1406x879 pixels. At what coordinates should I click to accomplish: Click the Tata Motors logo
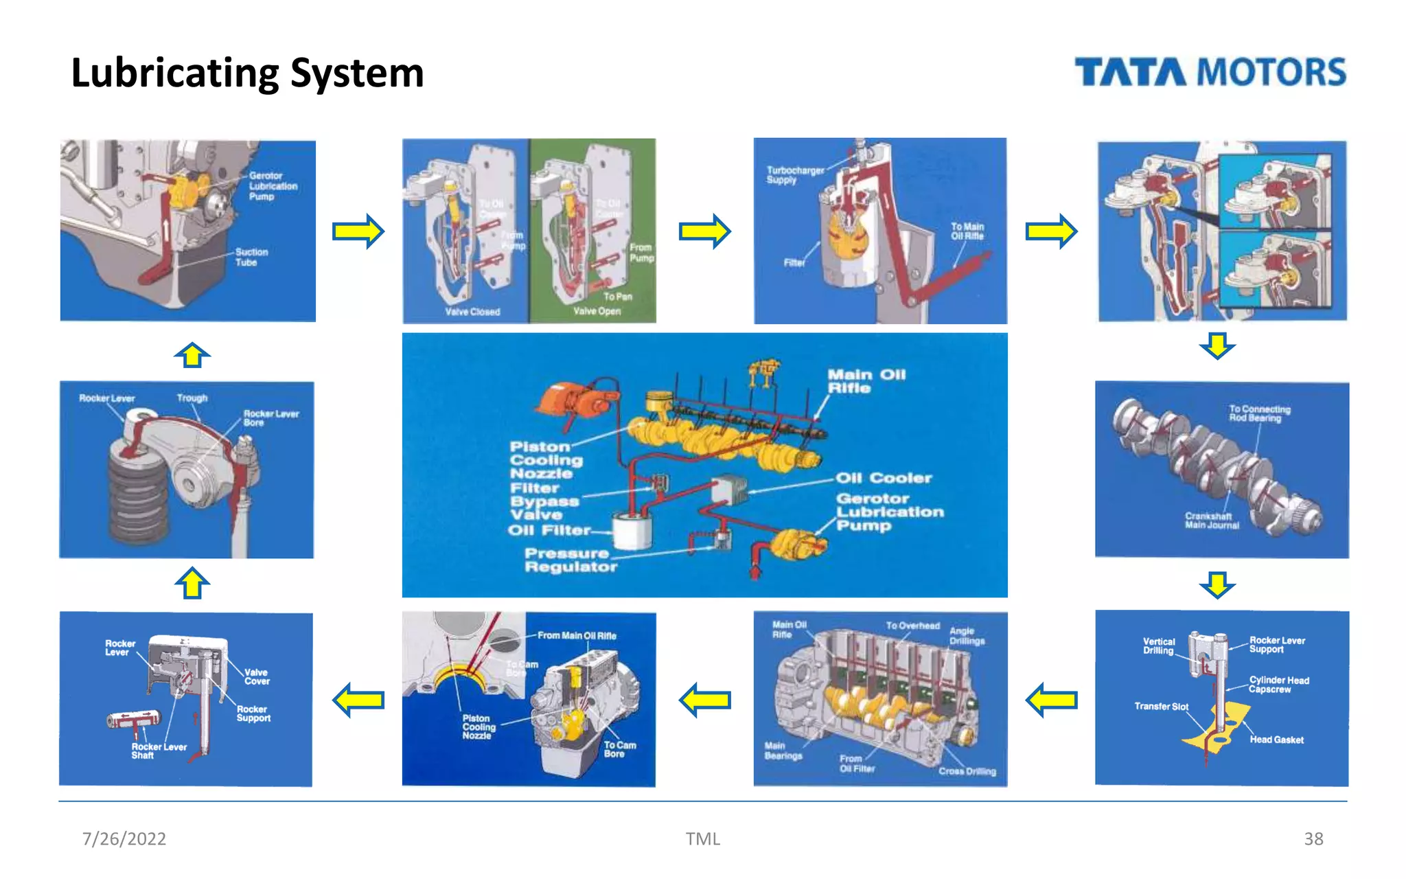tap(1210, 72)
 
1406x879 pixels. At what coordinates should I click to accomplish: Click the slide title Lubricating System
tap(247, 73)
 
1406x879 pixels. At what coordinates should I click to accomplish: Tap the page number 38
tap(1313, 838)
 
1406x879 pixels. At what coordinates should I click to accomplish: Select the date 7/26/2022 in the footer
tap(124, 838)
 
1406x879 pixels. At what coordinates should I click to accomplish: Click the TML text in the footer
tap(702, 838)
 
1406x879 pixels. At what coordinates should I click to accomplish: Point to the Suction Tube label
tap(251, 257)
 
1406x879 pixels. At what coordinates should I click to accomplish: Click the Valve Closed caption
tap(472, 312)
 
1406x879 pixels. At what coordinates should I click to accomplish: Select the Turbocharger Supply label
tap(794, 174)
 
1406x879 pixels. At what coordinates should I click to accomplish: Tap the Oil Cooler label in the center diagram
tap(884, 478)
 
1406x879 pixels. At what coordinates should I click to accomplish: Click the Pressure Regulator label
tap(570, 560)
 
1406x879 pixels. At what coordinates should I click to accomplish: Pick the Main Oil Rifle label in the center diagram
tap(866, 381)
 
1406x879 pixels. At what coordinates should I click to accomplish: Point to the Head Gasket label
tap(1276, 740)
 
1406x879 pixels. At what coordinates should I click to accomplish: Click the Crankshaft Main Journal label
tap(1212, 521)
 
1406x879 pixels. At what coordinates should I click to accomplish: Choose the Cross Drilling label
tap(967, 771)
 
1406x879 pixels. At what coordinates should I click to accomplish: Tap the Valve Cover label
tap(257, 676)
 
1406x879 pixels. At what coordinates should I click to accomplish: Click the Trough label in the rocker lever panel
tap(192, 398)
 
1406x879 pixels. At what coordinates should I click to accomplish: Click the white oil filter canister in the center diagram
tap(632, 532)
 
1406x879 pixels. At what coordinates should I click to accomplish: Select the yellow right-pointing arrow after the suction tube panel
tap(358, 231)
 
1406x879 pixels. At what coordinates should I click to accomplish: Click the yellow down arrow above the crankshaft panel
tap(1217, 345)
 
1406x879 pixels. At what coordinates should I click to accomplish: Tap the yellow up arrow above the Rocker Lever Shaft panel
tap(192, 583)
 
